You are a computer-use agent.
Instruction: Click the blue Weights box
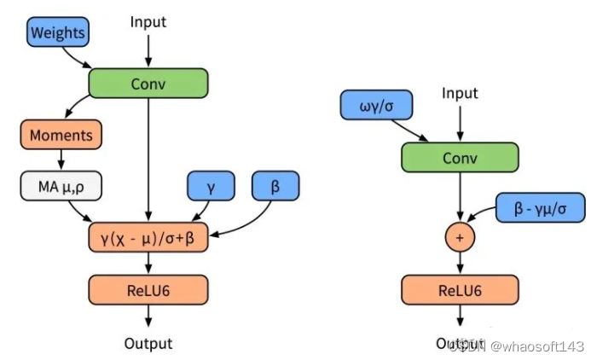[57, 33]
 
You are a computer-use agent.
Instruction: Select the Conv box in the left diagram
[148, 84]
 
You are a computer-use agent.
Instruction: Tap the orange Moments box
[61, 135]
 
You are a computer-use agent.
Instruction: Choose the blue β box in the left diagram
[275, 186]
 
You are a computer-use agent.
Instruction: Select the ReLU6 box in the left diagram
[148, 289]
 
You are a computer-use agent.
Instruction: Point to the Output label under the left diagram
[148, 343]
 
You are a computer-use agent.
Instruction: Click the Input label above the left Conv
[148, 20]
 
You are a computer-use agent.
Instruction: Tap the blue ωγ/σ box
[375, 106]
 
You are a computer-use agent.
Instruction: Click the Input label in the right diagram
[460, 93]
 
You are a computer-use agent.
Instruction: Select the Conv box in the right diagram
[460, 158]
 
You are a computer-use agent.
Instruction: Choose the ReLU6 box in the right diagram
[460, 289]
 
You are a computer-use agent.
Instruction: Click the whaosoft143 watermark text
[543, 345]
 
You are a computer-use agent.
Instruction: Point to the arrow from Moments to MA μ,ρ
[61, 160]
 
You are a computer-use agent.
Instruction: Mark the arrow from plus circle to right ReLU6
[460, 264]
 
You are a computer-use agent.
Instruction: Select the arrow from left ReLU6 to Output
[148, 316]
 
